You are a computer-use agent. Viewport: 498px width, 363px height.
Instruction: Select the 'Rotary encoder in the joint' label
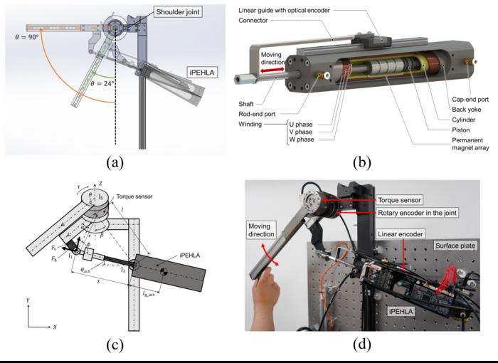click(418, 212)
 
